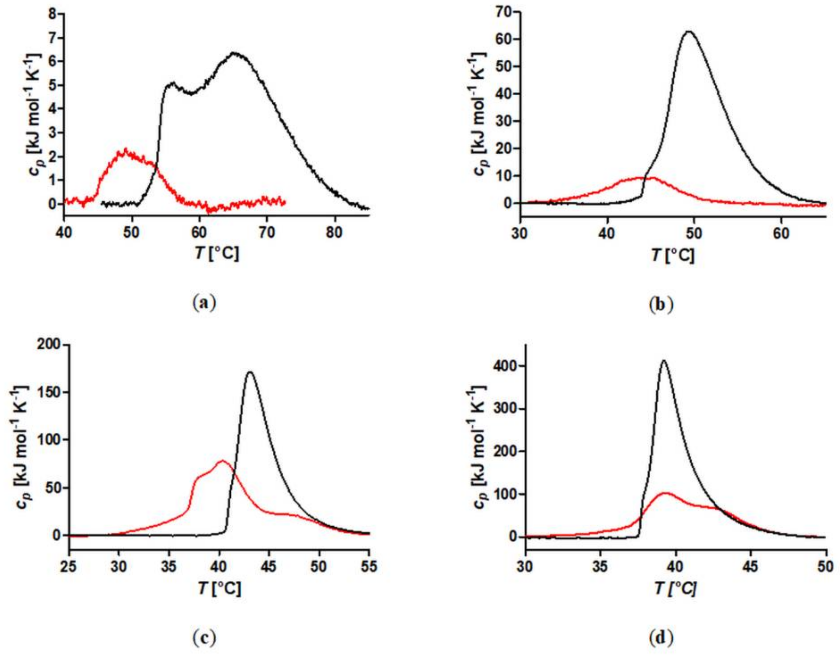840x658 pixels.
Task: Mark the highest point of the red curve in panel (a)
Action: (125, 149)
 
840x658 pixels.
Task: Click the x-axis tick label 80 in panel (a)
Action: (334, 233)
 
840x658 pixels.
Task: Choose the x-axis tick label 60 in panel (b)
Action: (781, 234)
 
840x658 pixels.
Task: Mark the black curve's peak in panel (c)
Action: (250, 372)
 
